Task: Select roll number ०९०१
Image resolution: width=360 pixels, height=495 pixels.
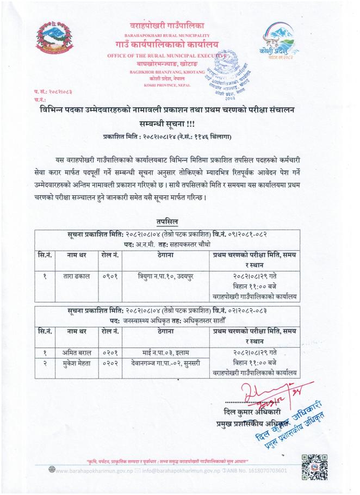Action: (109, 276)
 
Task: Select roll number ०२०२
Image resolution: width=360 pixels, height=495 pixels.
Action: (109, 363)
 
